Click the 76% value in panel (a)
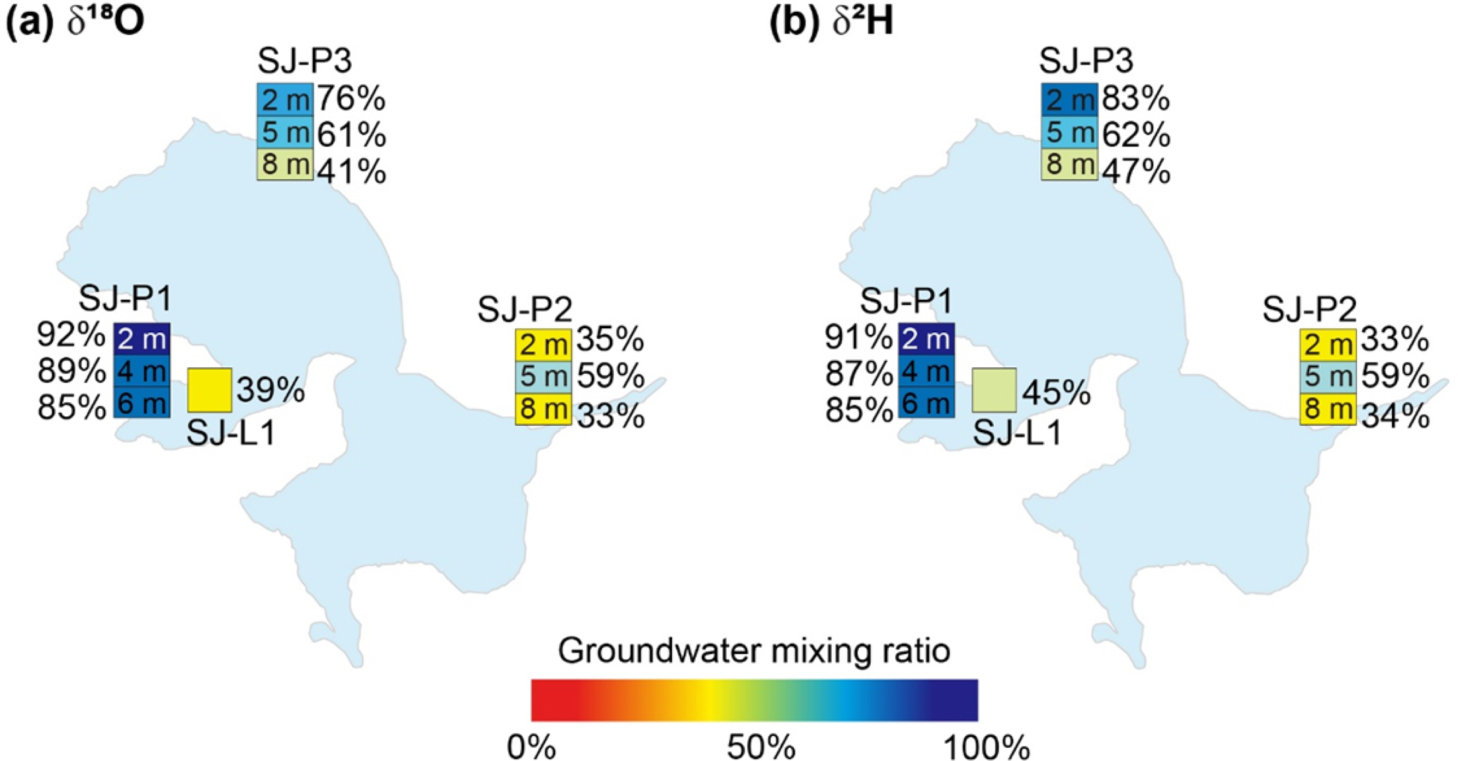pyautogui.click(x=351, y=100)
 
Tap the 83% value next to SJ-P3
pyautogui.click(x=1135, y=100)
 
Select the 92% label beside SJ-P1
pyautogui.click(x=71, y=336)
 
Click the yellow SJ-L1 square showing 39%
pyautogui.click(x=210, y=390)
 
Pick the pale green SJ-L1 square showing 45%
pyautogui.click(x=994, y=390)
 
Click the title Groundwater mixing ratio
pyautogui.click(x=754, y=651)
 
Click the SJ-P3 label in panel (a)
pyautogui.click(x=305, y=62)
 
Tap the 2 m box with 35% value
pyautogui.click(x=544, y=344)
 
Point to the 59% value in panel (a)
pyautogui.click(x=610, y=377)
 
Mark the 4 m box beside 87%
pyautogui.click(x=926, y=372)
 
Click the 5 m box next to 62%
pyautogui.click(x=1069, y=133)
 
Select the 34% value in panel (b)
pyautogui.click(x=1395, y=417)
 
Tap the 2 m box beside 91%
pyautogui.click(x=926, y=338)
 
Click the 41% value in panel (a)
pyautogui.click(x=351, y=172)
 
